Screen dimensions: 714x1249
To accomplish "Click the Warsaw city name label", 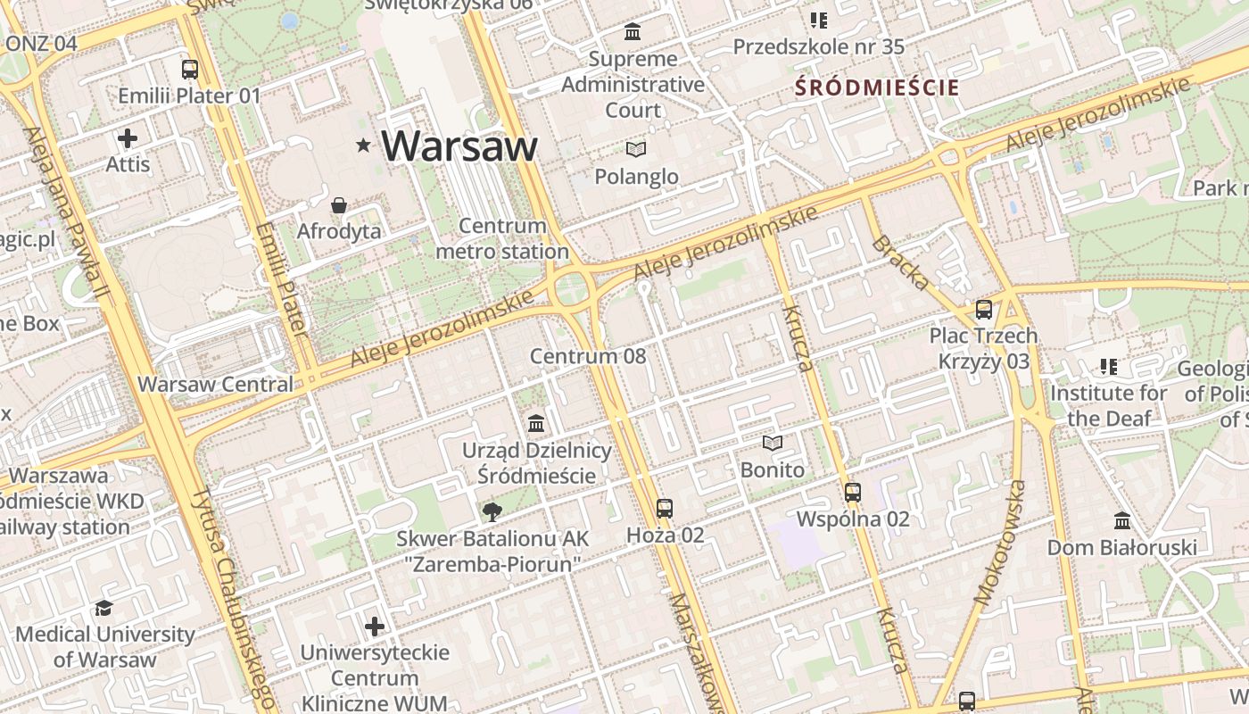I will [x=459, y=145].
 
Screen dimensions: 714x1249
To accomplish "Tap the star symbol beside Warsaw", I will [x=363, y=145].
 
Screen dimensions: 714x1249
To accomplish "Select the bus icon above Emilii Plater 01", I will [x=189, y=70].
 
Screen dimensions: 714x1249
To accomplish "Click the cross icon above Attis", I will [x=128, y=138].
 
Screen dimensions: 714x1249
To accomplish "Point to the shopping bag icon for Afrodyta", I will [x=339, y=206].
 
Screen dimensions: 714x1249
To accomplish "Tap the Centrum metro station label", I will [x=501, y=238].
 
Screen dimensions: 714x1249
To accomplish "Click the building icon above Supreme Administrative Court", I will [x=633, y=32].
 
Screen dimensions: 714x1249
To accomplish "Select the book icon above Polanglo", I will [x=636, y=149].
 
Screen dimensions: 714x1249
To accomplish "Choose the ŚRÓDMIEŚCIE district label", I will [x=876, y=87].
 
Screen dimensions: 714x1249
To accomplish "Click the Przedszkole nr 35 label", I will [x=818, y=46].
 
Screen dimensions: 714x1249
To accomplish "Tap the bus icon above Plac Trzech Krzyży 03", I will [x=983, y=310].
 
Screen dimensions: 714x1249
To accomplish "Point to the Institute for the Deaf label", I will [x=1108, y=405].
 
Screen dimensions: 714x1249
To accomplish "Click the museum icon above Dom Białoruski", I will [x=1122, y=520].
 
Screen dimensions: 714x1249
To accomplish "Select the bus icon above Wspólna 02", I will [x=853, y=492].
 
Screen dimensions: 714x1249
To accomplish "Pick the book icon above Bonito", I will [x=772, y=443].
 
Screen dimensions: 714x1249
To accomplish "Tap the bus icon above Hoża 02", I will [x=665, y=509].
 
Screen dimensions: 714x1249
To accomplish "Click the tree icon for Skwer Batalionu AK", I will [x=492, y=511].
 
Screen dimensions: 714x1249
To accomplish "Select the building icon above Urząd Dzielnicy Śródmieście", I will [x=536, y=423].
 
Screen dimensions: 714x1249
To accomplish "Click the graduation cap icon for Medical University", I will [x=104, y=608].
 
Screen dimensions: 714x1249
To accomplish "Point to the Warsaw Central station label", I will [x=215, y=384].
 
